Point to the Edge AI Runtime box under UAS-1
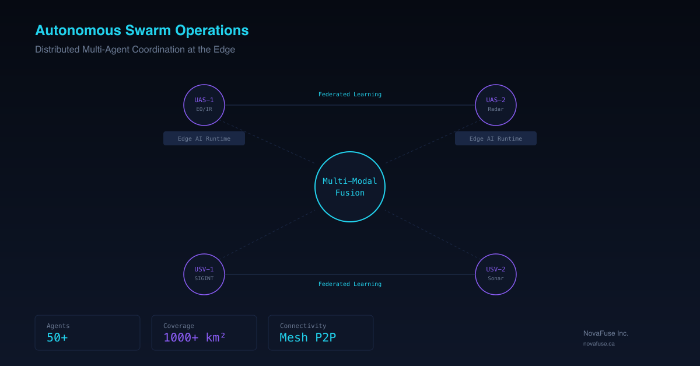(204, 138)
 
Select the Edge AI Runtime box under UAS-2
(496, 138)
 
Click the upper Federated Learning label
(349, 94)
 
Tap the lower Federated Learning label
(349, 284)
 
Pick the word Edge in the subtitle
(224, 50)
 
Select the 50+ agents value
(57, 337)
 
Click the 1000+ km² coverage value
(194, 337)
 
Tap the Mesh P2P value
(308, 337)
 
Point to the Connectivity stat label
(303, 326)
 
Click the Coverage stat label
(178, 326)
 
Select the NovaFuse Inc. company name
(605, 333)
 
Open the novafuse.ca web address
(598, 343)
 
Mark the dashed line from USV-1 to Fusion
(269, 234)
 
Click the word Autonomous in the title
(78, 30)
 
